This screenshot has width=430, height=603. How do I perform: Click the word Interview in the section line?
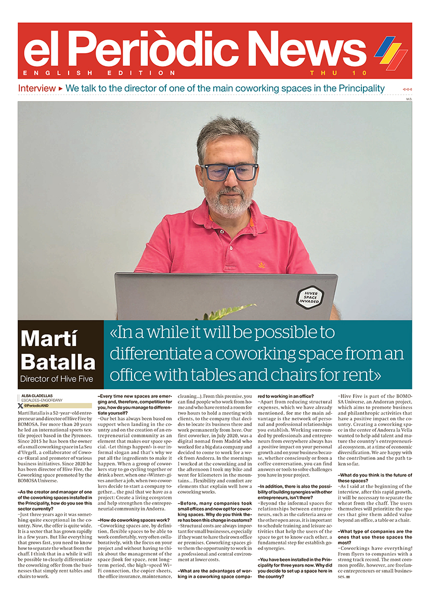(36, 88)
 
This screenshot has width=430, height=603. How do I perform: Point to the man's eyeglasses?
(229, 172)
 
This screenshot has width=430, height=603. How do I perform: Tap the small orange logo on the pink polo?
(262, 264)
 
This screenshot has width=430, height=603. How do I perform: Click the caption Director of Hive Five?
(56, 379)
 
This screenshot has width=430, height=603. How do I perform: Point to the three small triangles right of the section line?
(407, 89)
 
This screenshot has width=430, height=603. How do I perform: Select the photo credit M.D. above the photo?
(409, 98)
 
